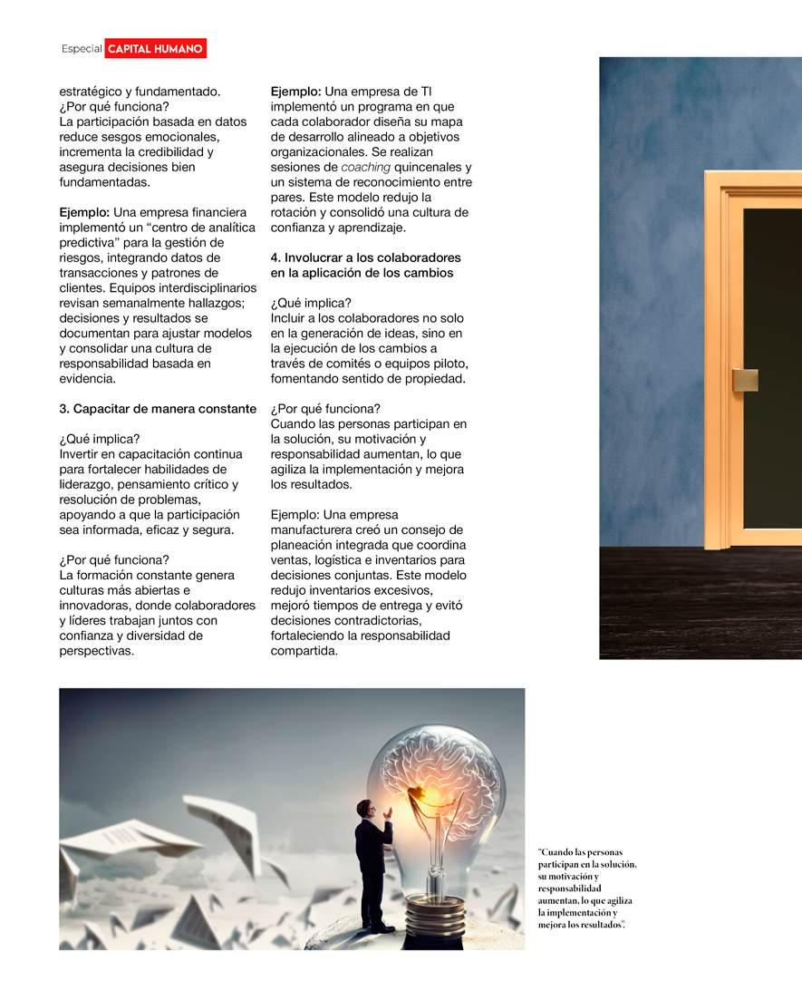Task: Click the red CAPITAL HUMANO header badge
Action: click(x=155, y=48)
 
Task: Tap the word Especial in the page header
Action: click(x=82, y=49)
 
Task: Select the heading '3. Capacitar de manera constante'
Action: click(x=158, y=409)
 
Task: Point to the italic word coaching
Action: click(x=366, y=167)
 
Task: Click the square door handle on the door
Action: click(x=745, y=380)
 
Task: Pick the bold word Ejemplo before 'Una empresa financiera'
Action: click(x=84, y=212)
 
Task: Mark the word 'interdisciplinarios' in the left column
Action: click(x=189, y=287)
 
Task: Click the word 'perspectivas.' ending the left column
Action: click(x=97, y=650)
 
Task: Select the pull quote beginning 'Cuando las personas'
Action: click(x=586, y=888)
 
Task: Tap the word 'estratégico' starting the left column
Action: click(x=92, y=92)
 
